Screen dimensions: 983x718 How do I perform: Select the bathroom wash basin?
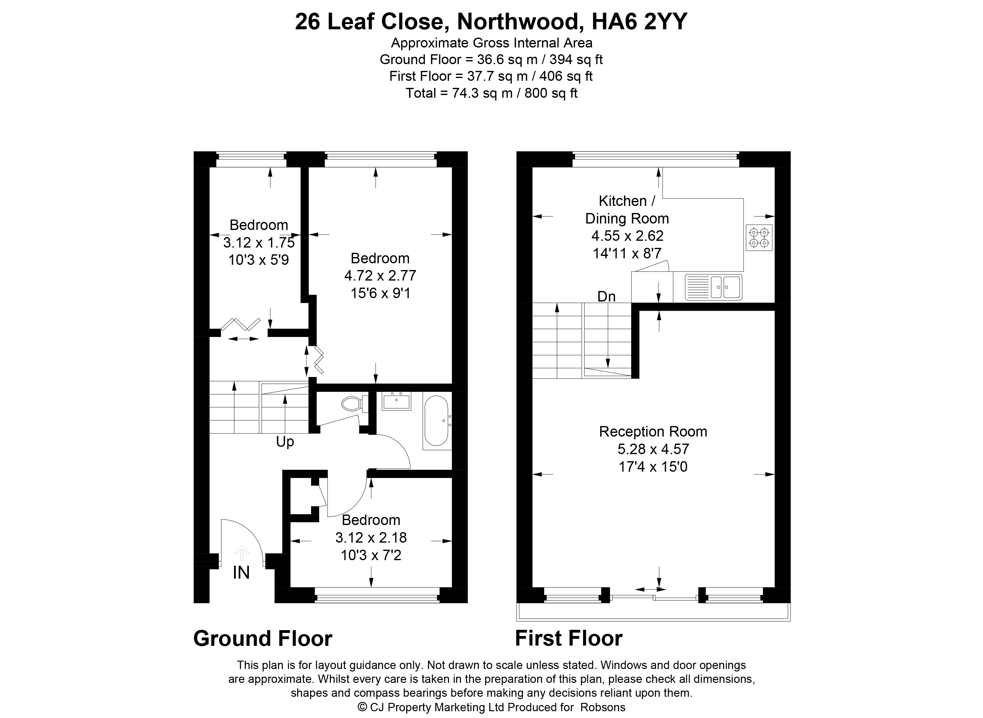coord(396,401)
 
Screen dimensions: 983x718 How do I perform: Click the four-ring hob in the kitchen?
coord(759,237)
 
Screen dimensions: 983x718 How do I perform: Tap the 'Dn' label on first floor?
coord(606,296)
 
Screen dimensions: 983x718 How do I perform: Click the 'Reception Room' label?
coord(653,432)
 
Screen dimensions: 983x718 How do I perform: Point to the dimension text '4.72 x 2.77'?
coord(380,276)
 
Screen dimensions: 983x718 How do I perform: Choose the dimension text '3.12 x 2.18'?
coord(371,537)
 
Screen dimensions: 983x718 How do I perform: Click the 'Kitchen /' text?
coord(627,201)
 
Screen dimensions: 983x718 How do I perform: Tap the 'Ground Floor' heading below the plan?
coord(263,638)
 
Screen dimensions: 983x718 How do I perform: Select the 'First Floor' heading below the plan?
coord(569,638)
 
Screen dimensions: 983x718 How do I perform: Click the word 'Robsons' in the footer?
coord(603,707)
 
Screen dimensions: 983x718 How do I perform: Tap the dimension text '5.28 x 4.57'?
coord(653,449)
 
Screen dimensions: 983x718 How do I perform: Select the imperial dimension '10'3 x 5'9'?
coord(259,260)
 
